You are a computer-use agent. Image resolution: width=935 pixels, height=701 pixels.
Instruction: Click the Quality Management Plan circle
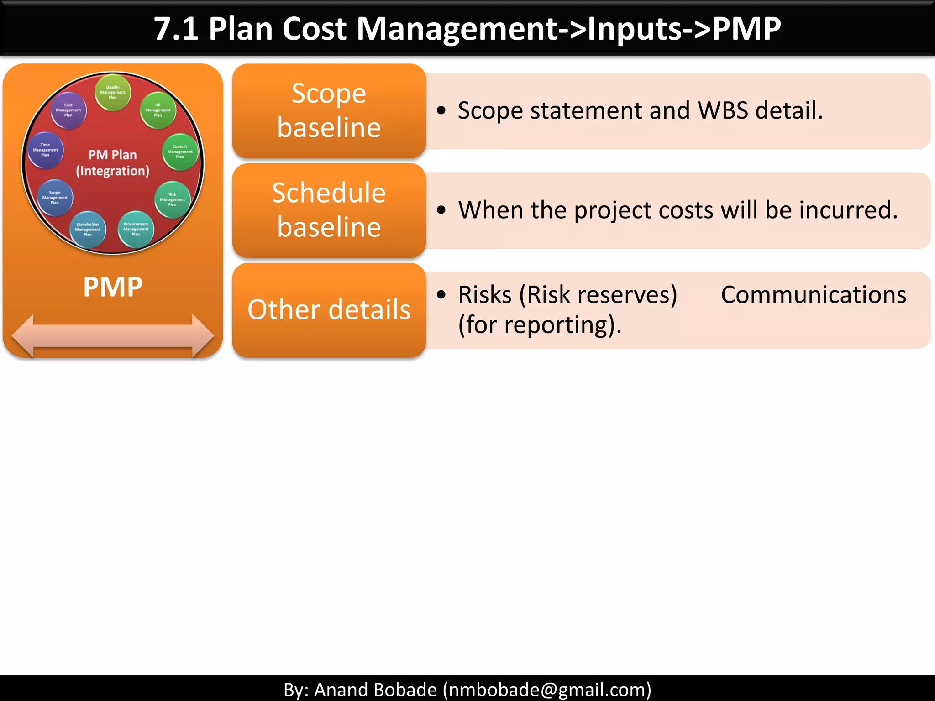pyautogui.click(x=113, y=92)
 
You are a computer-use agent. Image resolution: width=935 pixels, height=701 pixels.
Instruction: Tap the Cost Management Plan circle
pyautogui.click(x=68, y=110)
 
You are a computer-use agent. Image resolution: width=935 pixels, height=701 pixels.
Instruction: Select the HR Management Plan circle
pyautogui.click(x=158, y=110)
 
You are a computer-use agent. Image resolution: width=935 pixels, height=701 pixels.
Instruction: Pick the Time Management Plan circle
pyautogui.click(x=45, y=150)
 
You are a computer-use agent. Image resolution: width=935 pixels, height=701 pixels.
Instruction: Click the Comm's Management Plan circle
pyautogui.click(x=180, y=152)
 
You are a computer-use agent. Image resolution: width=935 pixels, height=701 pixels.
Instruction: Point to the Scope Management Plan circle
pyautogui.click(x=55, y=198)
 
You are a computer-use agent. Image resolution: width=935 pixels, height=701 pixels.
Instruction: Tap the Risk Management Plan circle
pyautogui.click(x=172, y=199)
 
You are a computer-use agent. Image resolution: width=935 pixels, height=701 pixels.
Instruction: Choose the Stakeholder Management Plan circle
pyautogui.click(x=88, y=229)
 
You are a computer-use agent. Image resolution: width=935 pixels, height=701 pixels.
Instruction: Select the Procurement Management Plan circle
pyautogui.click(x=136, y=229)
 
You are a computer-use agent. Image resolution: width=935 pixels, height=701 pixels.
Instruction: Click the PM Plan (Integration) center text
pyautogui.click(x=113, y=163)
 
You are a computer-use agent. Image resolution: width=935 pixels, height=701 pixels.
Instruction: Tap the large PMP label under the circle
pyautogui.click(x=113, y=287)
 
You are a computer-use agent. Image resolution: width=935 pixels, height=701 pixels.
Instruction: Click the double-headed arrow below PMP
pyautogui.click(x=113, y=336)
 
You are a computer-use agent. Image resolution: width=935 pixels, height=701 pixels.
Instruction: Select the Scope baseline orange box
pyautogui.click(x=329, y=110)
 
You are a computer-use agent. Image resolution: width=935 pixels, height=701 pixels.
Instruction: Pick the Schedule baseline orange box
pyautogui.click(x=329, y=210)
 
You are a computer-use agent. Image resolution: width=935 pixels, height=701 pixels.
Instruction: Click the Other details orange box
pyautogui.click(x=329, y=309)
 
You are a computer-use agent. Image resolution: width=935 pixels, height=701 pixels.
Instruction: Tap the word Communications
pyautogui.click(x=814, y=295)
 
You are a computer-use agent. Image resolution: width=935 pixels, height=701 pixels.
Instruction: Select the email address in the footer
pyautogui.click(x=547, y=690)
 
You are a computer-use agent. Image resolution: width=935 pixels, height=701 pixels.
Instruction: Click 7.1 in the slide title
pyautogui.click(x=176, y=29)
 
